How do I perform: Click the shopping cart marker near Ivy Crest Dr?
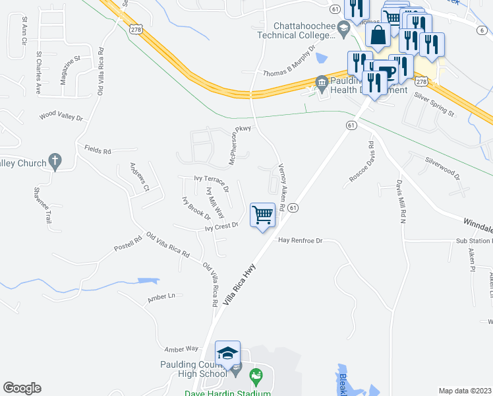[263, 215]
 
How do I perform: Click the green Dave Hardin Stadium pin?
[256, 378]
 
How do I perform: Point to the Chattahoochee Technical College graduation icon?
[343, 27]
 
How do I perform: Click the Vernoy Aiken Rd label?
[281, 188]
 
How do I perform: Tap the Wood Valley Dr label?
[61, 117]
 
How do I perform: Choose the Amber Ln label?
[161, 298]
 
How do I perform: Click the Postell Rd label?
[128, 245]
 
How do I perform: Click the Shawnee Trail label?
[42, 204]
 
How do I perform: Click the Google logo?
[22, 388]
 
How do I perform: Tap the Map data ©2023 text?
[465, 391]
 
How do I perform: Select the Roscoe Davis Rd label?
[361, 161]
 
